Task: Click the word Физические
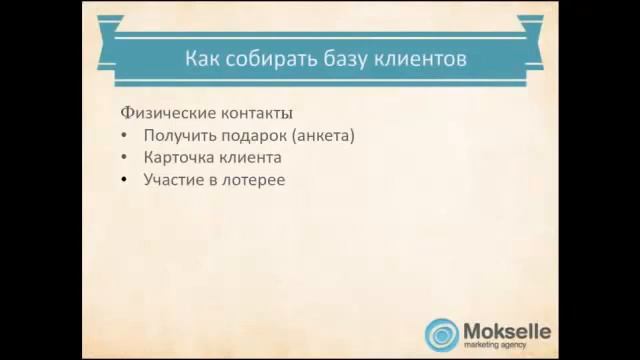coord(164,113)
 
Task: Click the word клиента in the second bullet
coord(253,158)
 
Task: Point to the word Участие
coord(174,180)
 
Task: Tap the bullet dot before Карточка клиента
coord(124,159)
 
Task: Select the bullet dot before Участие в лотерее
coord(124,181)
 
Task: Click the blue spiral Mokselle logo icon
coord(442,334)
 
